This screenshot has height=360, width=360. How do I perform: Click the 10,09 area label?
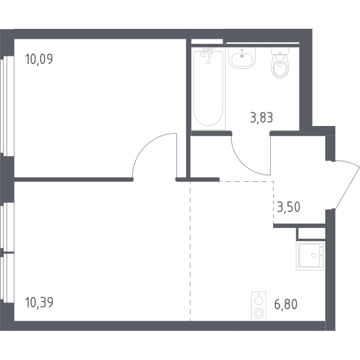click(x=39, y=59)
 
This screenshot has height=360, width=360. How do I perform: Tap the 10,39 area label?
click(x=39, y=302)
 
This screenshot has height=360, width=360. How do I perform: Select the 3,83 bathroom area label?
click(x=262, y=118)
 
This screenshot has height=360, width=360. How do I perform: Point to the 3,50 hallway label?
click(x=289, y=206)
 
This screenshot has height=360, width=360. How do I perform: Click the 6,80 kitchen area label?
click(x=286, y=304)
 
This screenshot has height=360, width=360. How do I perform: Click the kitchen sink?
click(x=311, y=256)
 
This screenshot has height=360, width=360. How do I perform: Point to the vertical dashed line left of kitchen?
click(x=190, y=251)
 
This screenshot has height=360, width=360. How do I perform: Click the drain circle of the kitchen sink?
click(x=313, y=256)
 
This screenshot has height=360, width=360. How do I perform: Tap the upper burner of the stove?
click(x=259, y=300)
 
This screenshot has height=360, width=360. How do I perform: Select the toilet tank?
click(x=280, y=51)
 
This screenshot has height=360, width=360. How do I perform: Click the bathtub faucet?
click(x=208, y=53)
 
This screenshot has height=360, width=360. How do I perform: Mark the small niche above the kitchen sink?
click(x=311, y=234)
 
